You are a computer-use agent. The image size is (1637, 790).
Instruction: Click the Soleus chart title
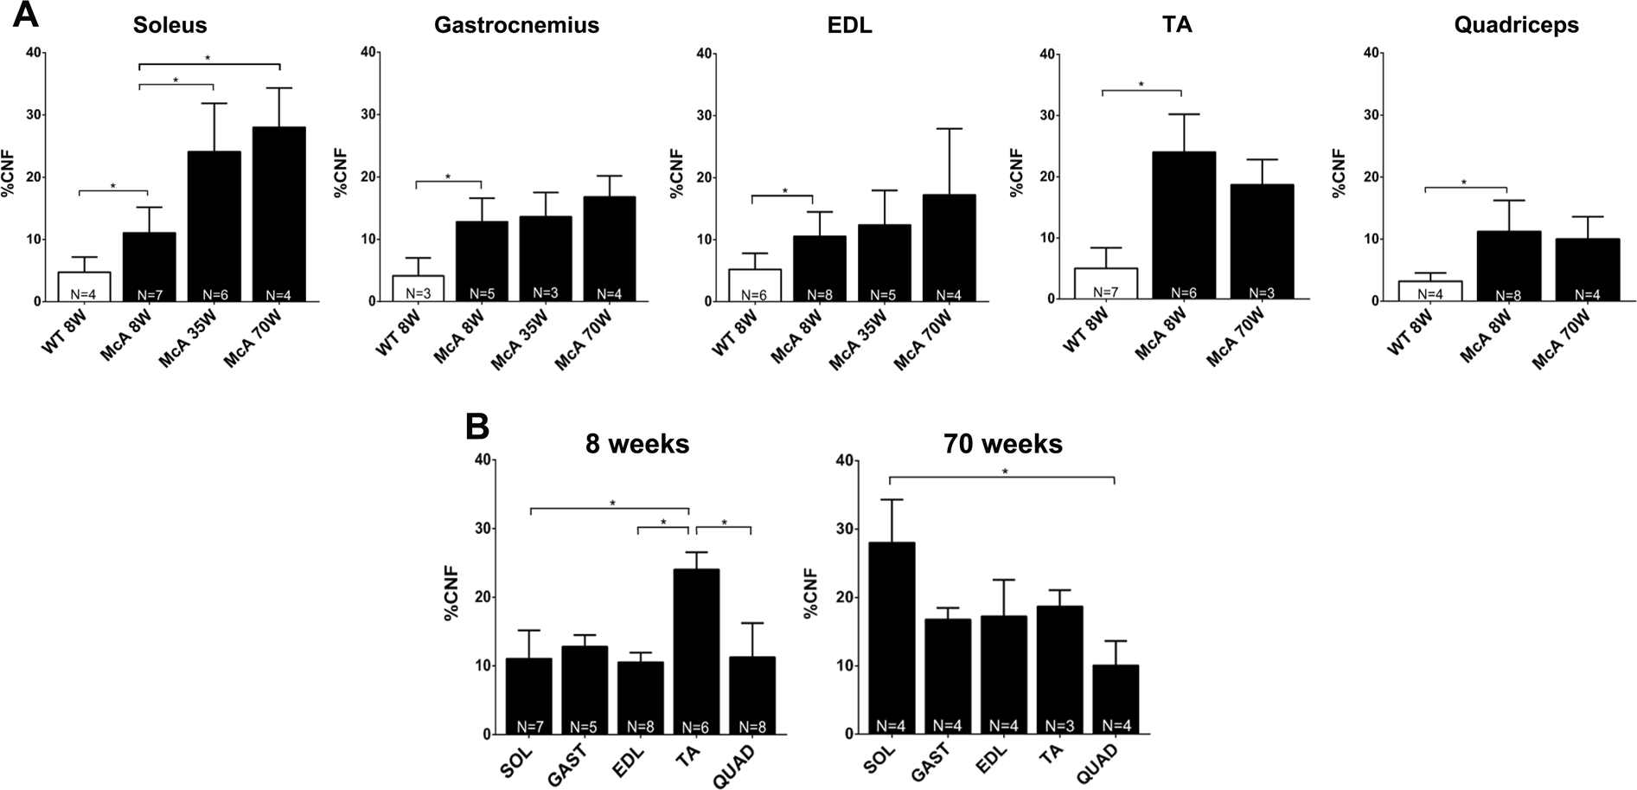point(169,25)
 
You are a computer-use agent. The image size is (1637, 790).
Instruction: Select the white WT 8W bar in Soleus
point(85,286)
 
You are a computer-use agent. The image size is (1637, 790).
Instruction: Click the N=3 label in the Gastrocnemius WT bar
point(419,294)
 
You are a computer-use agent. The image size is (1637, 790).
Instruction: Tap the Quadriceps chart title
point(1516,25)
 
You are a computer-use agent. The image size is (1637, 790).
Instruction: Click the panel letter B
point(477,427)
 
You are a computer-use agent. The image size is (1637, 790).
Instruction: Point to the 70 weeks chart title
point(1003,444)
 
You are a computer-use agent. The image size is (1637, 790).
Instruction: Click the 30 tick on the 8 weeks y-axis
point(480,529)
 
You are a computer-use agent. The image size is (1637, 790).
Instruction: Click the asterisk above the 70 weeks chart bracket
point(1004,472)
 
